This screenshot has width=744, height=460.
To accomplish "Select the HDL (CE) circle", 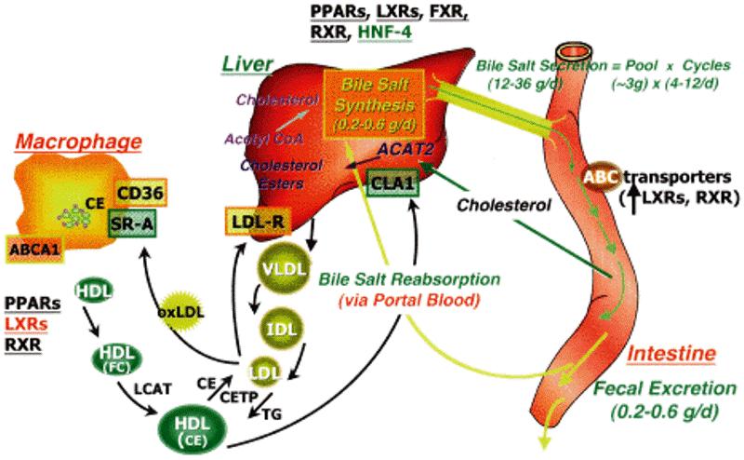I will (196, 429).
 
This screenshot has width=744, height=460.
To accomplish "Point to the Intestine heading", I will (669, 354).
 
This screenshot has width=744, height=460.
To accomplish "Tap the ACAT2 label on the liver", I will (404, 148).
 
